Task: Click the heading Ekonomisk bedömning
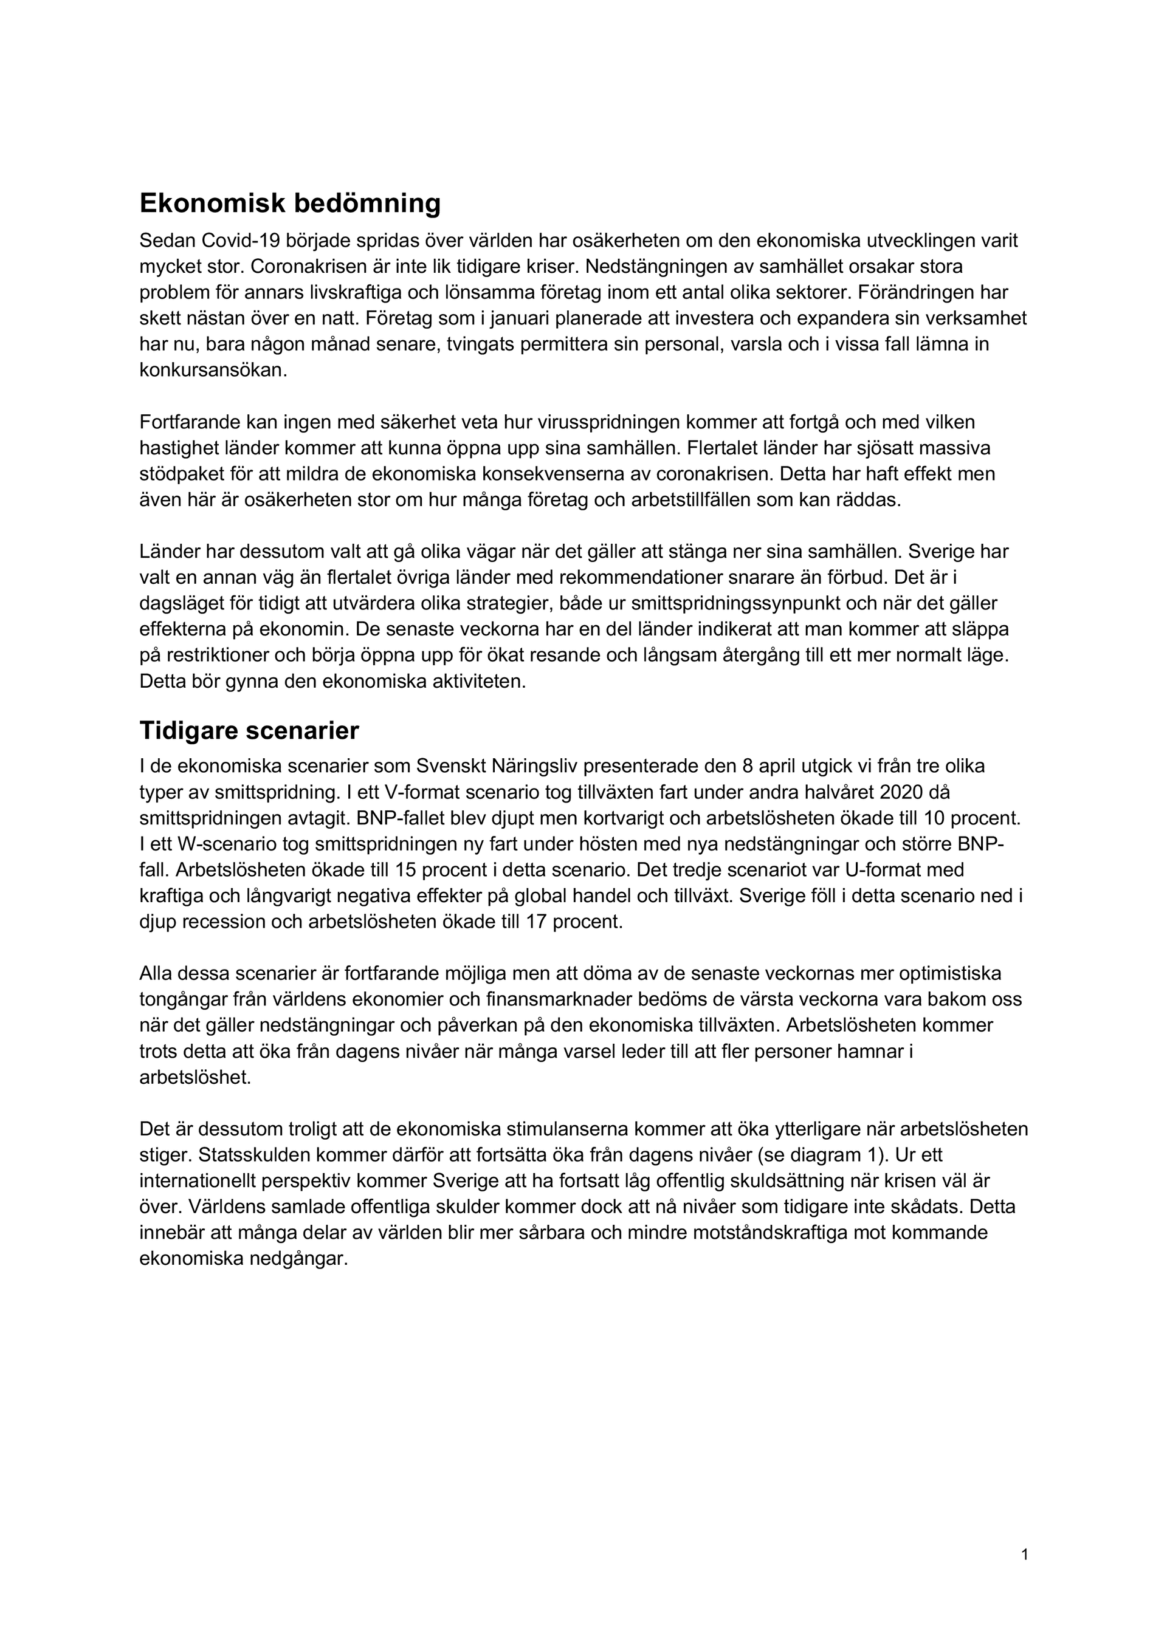point(289,204)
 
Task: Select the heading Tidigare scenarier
point(249,731)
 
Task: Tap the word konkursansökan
point(213,370)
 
